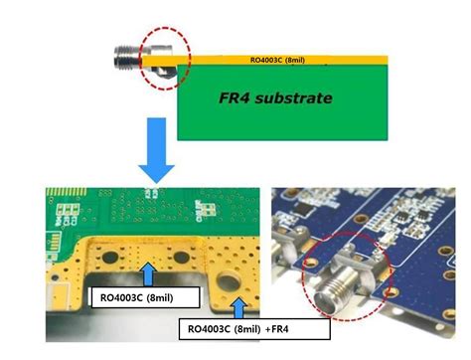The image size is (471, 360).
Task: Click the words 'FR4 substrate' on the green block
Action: point(274,98)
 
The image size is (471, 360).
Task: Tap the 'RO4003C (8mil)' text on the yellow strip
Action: point(277,61)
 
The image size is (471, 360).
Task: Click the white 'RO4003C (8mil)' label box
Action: point(142,295)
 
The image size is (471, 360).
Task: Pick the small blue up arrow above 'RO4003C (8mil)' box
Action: point(148,271)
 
